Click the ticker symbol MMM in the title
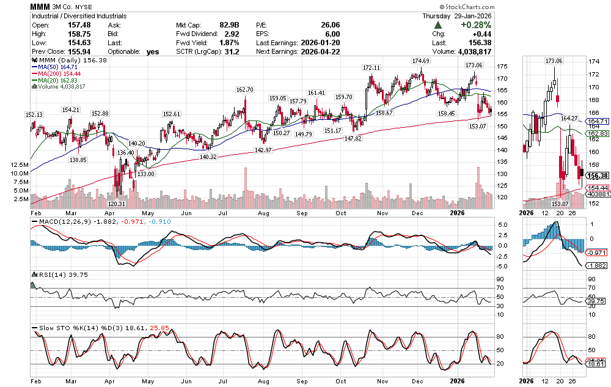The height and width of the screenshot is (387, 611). [x=41, y=6]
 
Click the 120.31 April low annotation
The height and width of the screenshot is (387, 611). [x=117, y=204]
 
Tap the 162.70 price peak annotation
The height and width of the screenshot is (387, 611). [x=244, y=90]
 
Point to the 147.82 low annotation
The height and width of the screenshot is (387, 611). [x=353, y=139]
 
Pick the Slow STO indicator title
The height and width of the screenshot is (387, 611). [x=53, y=328]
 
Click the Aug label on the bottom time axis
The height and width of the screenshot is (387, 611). [x=264, y=379]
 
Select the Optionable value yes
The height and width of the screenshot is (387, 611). [x=153, y=52]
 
